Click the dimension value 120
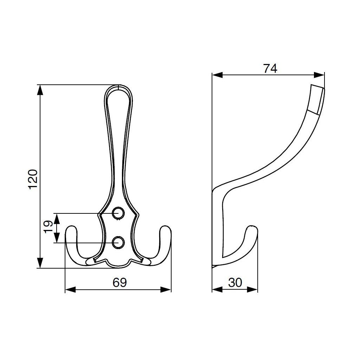coord(33,179)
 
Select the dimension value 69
coord(120,282)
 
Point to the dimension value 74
coord(270,68)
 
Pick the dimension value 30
coord(235,282)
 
